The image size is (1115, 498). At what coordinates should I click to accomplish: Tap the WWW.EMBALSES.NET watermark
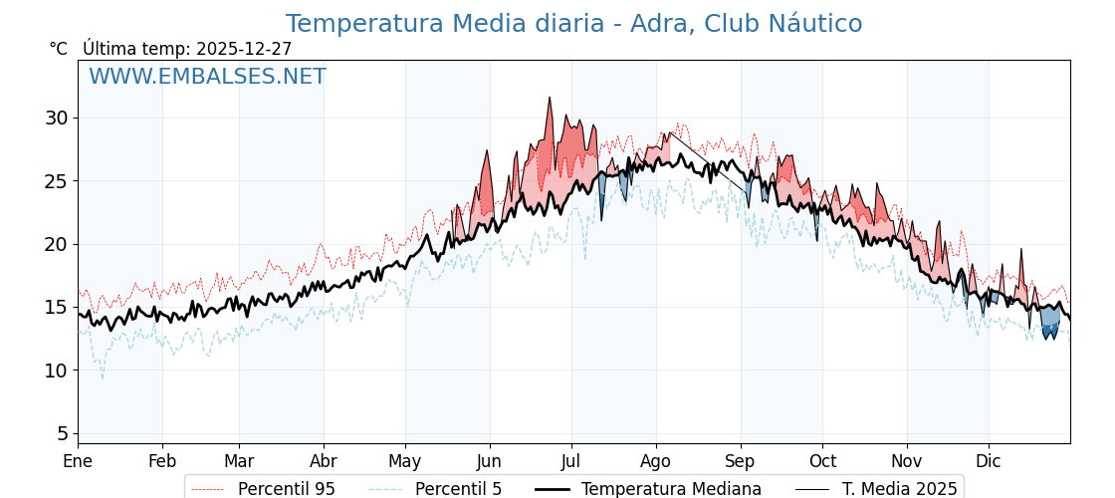click(207, 77)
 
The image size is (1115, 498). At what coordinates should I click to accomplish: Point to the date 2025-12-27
click(244, 49)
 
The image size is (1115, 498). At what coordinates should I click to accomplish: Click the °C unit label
click(59, 49)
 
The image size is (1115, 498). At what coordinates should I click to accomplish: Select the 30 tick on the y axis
click(56, 118)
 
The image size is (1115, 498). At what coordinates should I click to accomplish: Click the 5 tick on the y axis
click(62, 433)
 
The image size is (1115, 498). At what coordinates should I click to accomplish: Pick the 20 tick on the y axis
click(56, 244)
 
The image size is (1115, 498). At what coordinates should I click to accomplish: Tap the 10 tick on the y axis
click(56, 371)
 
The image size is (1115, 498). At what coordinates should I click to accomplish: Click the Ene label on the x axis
click(78, 461)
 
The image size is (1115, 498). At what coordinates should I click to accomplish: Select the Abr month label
click(324, 461)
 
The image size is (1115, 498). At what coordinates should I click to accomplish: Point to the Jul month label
click(571, 461)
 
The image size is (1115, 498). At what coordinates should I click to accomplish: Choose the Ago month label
click(656, 461)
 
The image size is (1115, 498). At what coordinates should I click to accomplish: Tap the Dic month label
click(989, 461)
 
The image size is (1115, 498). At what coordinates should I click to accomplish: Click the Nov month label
click(907, 461)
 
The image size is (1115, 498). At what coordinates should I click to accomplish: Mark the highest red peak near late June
click(549, 99)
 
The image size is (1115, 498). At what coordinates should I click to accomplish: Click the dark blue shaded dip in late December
click(1049, 330)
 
